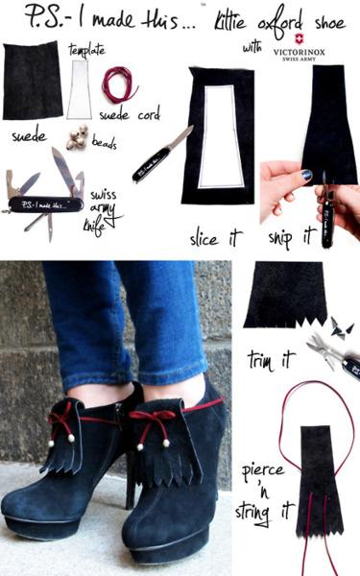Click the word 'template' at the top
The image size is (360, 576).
[x=86, y=48]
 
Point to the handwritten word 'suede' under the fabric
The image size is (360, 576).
[x=29, y=137]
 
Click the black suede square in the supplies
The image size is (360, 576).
[x=33, y=81]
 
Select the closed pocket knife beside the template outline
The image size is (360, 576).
[x=164, y=153]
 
